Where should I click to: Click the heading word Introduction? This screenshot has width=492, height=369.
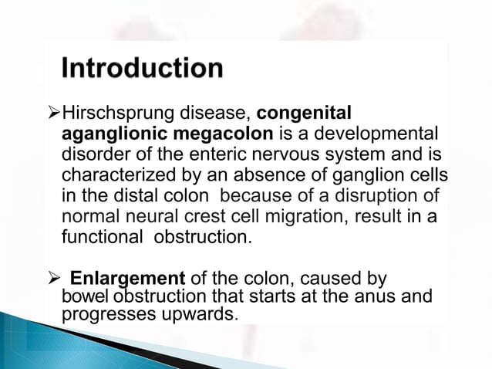point(143,69)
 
